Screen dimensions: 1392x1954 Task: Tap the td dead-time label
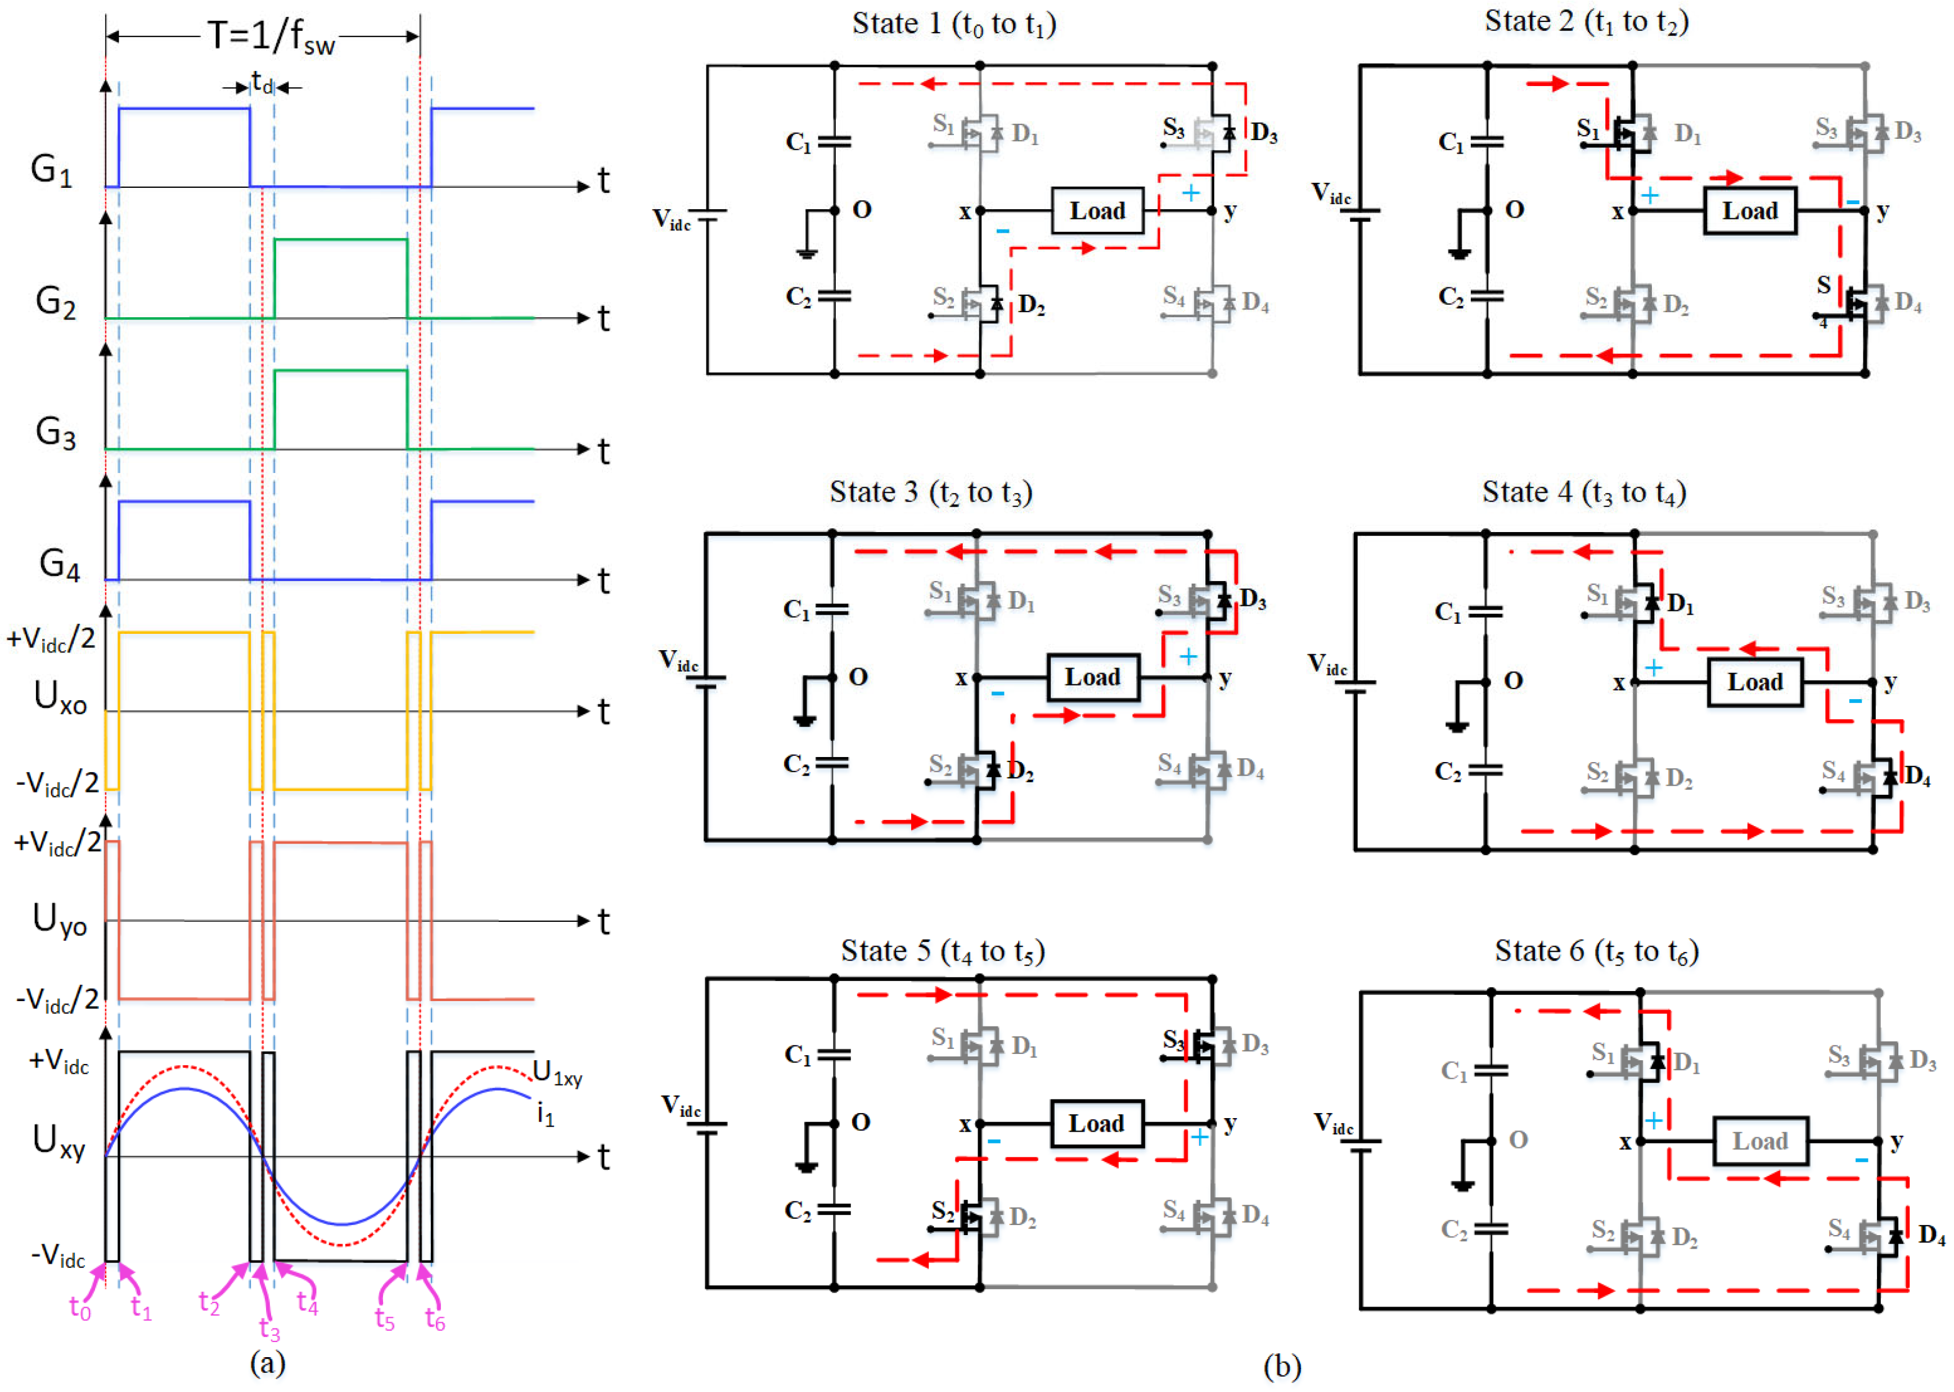(x=262, y=83)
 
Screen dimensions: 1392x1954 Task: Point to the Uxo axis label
(x=60, y=697)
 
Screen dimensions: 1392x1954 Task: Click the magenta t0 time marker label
(x=80, y=1308)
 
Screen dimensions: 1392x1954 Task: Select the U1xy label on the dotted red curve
(x=557, y=1073)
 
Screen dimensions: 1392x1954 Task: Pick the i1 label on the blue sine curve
(x=545, y=1114)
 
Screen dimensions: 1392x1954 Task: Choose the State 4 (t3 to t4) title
(x=1584, y=493)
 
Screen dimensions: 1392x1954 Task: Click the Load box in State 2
(x=1749, y=211)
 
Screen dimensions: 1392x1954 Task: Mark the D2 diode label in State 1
(x=1031, y=305)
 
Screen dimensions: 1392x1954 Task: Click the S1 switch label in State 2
(x=1588, y=129)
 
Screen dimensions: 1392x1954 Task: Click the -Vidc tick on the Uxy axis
(x=58, y=1256)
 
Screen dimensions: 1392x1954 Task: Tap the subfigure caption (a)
(x=267, y=1362)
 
